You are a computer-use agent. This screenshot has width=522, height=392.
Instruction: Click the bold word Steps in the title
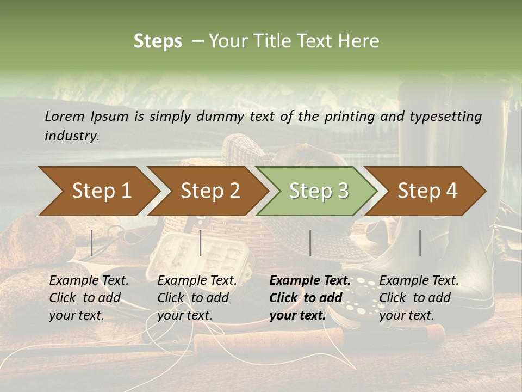point(158,41)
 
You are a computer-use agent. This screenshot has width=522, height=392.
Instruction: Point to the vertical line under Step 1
point(92,243)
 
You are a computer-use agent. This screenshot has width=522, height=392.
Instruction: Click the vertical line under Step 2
point(201,243)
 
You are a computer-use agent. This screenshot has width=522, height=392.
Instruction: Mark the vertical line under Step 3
point(310,243)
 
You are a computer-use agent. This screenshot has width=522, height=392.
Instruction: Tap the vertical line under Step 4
point(420,243)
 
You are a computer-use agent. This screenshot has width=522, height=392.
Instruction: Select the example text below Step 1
point(89,298)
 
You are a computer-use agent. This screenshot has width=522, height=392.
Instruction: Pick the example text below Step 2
point(197,298)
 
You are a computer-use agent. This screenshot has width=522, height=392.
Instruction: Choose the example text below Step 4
point(419,298)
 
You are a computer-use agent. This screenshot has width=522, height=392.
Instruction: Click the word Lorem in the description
point(64,116)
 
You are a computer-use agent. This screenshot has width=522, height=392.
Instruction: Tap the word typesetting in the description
point(445,116)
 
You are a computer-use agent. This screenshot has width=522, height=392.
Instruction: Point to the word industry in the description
point(71,136)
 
